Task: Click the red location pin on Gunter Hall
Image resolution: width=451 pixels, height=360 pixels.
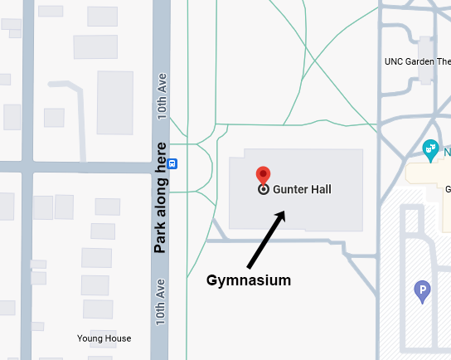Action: pos(264,173)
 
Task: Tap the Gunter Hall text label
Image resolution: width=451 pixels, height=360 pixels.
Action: pos(302,189)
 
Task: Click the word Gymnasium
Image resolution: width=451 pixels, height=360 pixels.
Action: pos(249,280)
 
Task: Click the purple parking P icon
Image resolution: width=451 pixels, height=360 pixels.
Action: pos(423,290)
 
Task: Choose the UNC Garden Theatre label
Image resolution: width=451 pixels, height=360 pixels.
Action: pos(417,61)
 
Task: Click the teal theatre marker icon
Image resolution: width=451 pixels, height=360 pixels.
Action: pos(430,149)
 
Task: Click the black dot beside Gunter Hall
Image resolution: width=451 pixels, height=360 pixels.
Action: pos(264,189)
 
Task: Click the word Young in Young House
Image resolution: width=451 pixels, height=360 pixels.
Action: pos(90,338)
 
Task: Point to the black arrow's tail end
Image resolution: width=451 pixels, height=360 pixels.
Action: pos(248,267)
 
